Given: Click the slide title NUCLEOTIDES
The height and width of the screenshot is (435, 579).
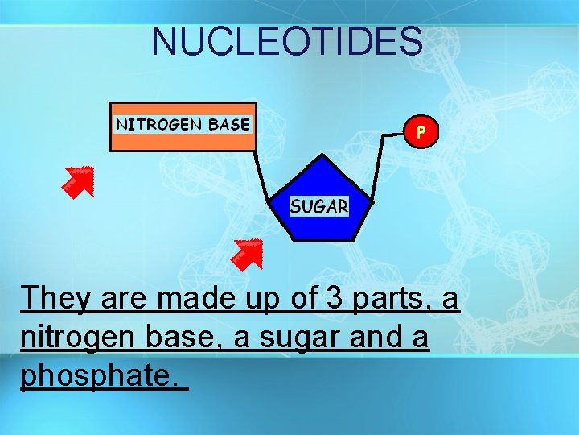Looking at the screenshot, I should point(287,41).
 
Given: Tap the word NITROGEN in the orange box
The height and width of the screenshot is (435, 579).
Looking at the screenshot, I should point(159,124).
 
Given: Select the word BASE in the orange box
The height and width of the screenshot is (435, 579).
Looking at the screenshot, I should point(229,124).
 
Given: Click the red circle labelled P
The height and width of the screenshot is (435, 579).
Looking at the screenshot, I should point(421,131).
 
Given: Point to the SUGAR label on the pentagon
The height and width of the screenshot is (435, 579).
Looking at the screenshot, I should point(319,206).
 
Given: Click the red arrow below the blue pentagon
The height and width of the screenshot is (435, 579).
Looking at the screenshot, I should point(245,254).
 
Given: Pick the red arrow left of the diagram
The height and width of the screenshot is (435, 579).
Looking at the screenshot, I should point(78,181).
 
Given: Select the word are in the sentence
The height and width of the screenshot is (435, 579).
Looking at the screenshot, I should point(125,298).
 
